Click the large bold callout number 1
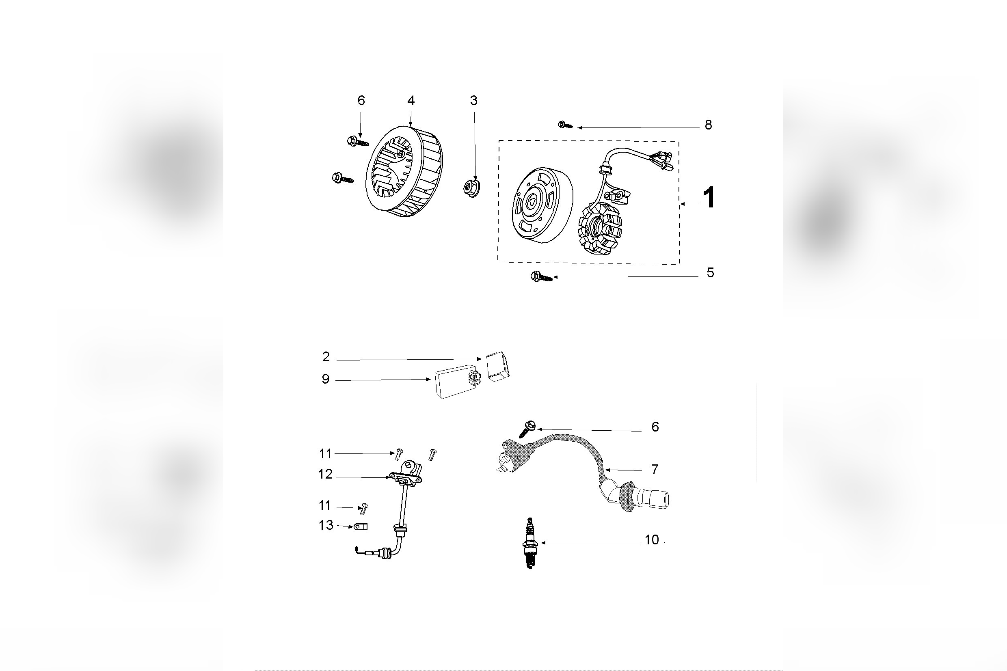708,198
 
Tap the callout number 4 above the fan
411,101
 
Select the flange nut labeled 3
471,188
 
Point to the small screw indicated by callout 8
564,125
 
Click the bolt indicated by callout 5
540,277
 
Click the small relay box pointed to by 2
498,366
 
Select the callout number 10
651,540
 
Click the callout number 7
655,469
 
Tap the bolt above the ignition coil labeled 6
527,428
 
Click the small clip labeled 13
361,526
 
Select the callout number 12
325,474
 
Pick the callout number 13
326,525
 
